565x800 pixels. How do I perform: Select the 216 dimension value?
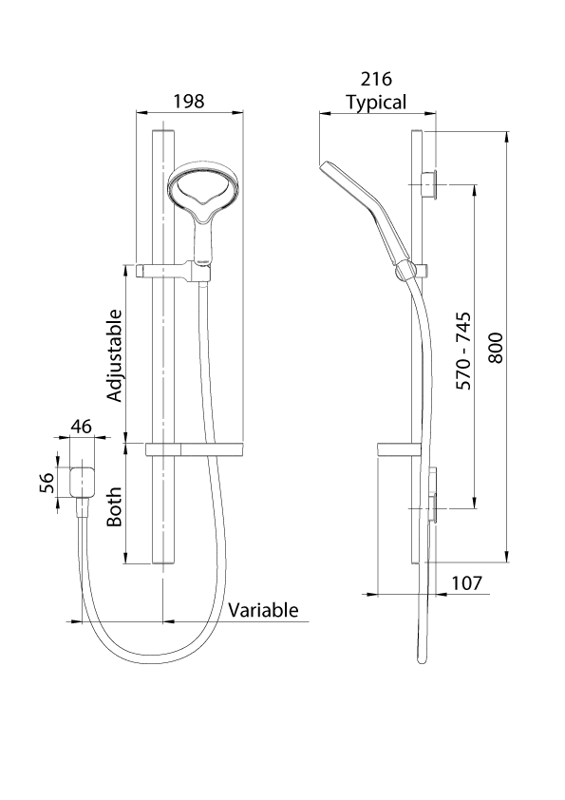click(x=376, y=80)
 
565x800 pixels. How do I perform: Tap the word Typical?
click(x=376, y=102)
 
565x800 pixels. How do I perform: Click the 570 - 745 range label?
click(x=463, y=347)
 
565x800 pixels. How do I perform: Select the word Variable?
click(x=263, y=610)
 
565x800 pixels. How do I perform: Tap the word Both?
click(x=115, y=507)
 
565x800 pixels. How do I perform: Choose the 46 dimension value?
click(x=82, y=427)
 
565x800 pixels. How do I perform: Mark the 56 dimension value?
click(x=46, y=482)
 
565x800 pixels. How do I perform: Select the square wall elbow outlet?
click(x=83, y=481)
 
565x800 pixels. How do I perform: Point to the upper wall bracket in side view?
click(x=429, y=182)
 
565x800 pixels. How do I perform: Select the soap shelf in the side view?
click(x=399, y=448)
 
